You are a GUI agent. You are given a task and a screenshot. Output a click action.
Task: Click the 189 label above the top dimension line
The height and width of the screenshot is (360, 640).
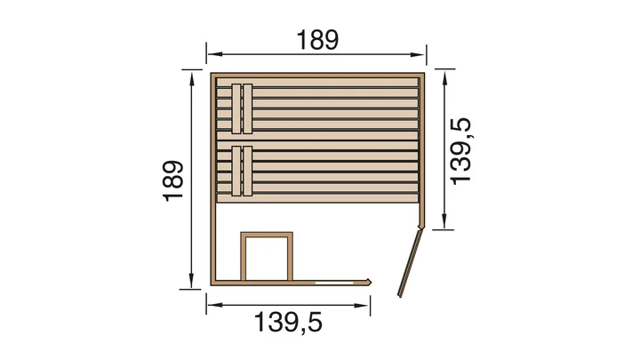pos(317,40)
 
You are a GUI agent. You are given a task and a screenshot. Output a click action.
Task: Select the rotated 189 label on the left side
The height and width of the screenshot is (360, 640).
pos(173,180)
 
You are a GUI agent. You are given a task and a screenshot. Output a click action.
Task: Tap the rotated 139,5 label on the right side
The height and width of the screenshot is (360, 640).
pos(460,151)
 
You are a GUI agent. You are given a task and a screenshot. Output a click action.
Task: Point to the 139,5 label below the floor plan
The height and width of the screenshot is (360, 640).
pos(288,322)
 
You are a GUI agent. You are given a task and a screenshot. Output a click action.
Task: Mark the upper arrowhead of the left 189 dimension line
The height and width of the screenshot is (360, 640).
pos(191,77)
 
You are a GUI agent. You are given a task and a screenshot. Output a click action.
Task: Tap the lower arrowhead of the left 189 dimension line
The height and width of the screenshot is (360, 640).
pos(191,281)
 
